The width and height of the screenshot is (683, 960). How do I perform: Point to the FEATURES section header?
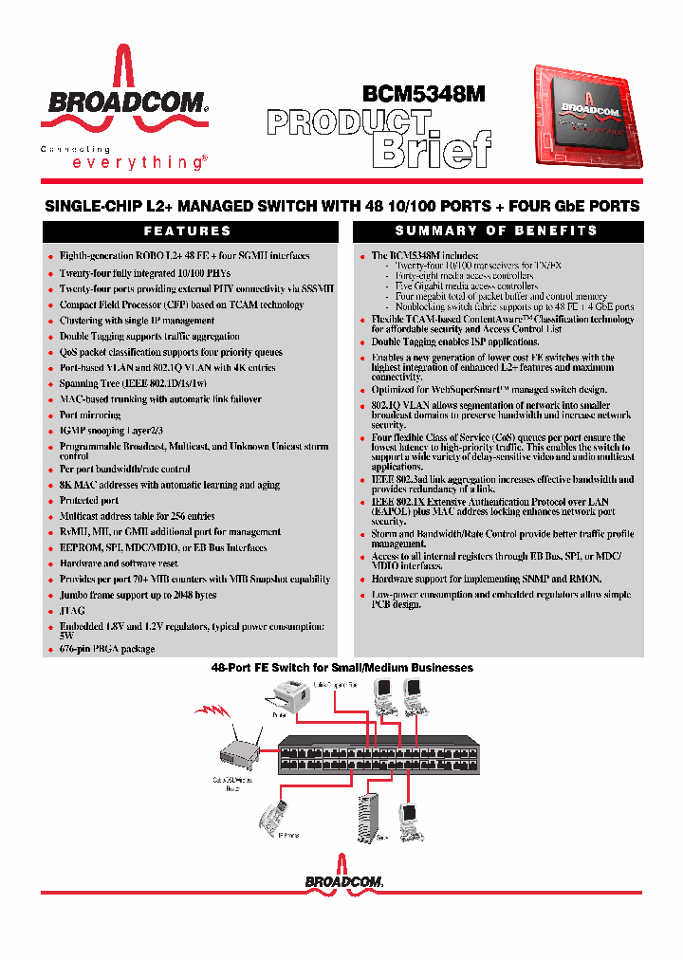[x=187, y=231]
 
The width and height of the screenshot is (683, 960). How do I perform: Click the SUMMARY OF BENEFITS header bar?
[x=497, y=231]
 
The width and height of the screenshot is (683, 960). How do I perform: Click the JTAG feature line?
[x=72, y=611]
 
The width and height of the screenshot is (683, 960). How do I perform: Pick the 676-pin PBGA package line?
[x=106, y=650]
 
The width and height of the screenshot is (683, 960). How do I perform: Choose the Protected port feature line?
[x=89, y=501]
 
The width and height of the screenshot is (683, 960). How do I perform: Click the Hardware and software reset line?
[x=119, y=563]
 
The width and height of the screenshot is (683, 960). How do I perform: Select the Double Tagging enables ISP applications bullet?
[x=455, y=342]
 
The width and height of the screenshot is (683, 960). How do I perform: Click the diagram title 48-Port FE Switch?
[x=341, y=668]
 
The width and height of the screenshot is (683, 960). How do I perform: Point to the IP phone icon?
[x=268, y=814]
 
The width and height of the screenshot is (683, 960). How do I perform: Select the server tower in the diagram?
[x=368, y=814]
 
